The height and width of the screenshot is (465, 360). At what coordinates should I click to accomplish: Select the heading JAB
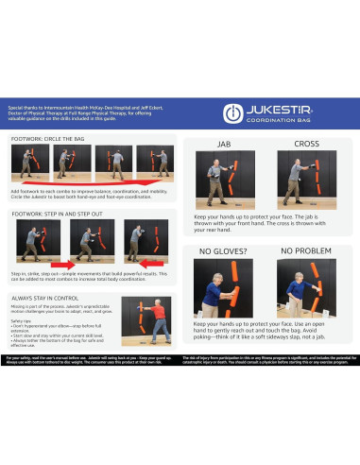point(224,145)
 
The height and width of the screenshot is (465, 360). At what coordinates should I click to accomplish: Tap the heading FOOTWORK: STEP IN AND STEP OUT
point(62,215)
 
